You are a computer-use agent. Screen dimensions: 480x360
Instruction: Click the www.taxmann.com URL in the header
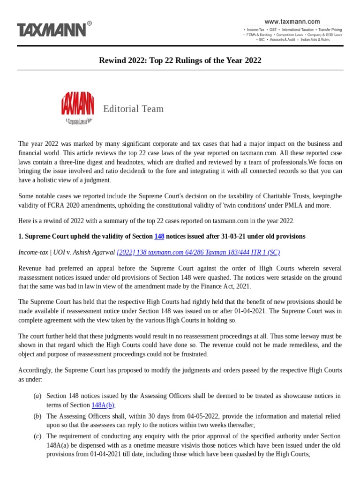(292, 21)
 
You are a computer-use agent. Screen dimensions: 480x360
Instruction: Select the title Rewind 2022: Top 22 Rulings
(180, 60)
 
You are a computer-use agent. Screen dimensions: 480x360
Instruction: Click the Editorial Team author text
(134, 109)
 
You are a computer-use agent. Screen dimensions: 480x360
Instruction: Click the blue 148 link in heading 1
(159, 237)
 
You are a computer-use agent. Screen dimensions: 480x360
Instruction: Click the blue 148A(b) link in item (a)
(103, 405)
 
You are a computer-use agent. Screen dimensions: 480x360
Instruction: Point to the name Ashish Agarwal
(94, 252)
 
